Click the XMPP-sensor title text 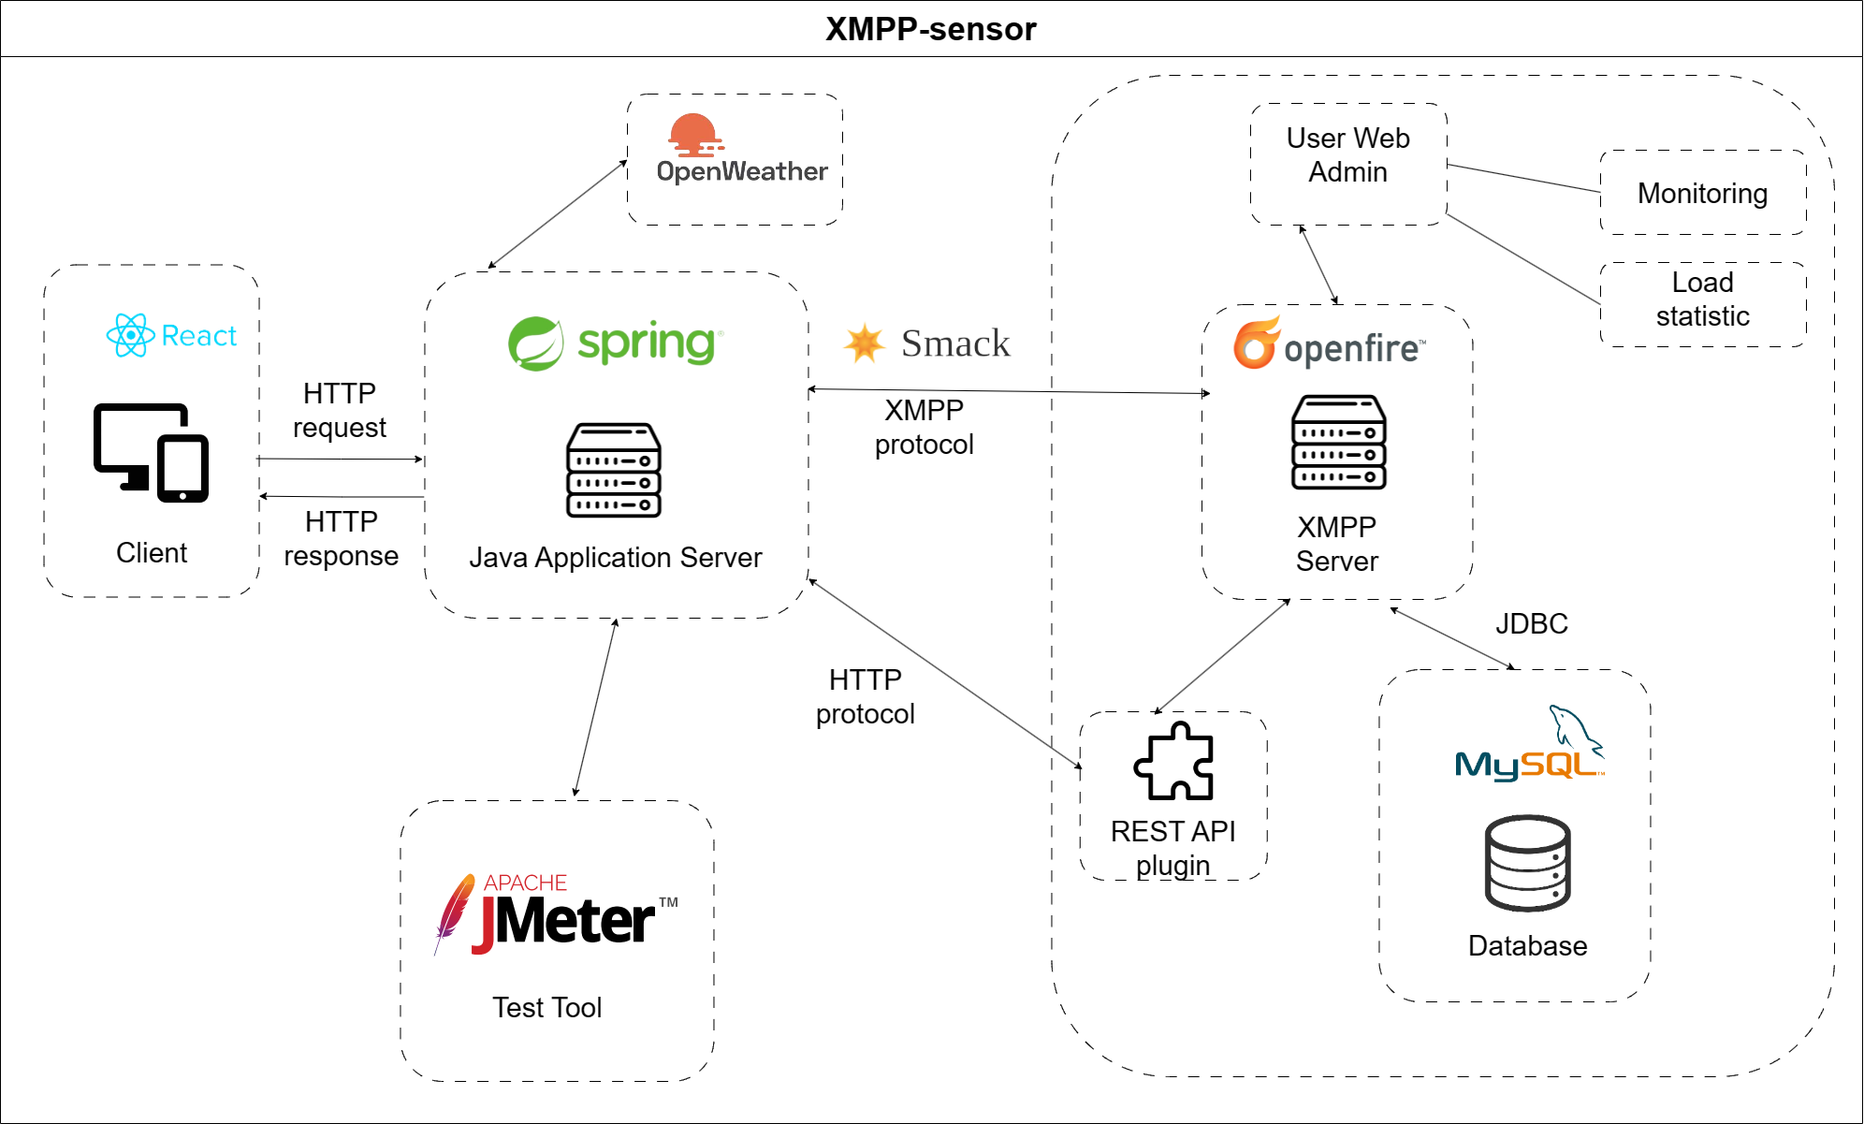point(930,29)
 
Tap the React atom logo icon point(130,335)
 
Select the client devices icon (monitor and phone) point(151,452)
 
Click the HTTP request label point(339,410)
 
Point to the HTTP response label point(341,538)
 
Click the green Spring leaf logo point(535,343)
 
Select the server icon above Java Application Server point(614,470)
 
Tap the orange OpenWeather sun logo point(694,135)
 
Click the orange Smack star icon point(864,343)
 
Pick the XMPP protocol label point(924,427)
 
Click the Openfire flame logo point(1256,343)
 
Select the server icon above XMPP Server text point(1338,442)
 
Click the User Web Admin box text point(1347,155)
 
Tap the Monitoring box point(1702,193)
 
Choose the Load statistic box point(1702,299)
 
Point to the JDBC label point(1531,623)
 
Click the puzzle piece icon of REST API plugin point(1174,761)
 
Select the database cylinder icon point(1527,863)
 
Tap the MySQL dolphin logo point(1575,727)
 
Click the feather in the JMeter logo point(454,911)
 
